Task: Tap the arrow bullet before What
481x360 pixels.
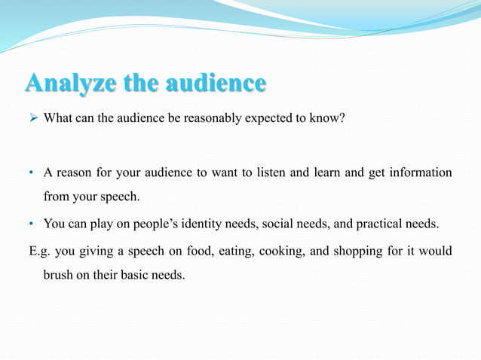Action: coord(32,118)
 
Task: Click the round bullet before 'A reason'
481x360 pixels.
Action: coord(32,173)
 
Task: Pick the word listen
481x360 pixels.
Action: coord(271,173)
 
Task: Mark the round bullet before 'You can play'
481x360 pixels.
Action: coord(32,224)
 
